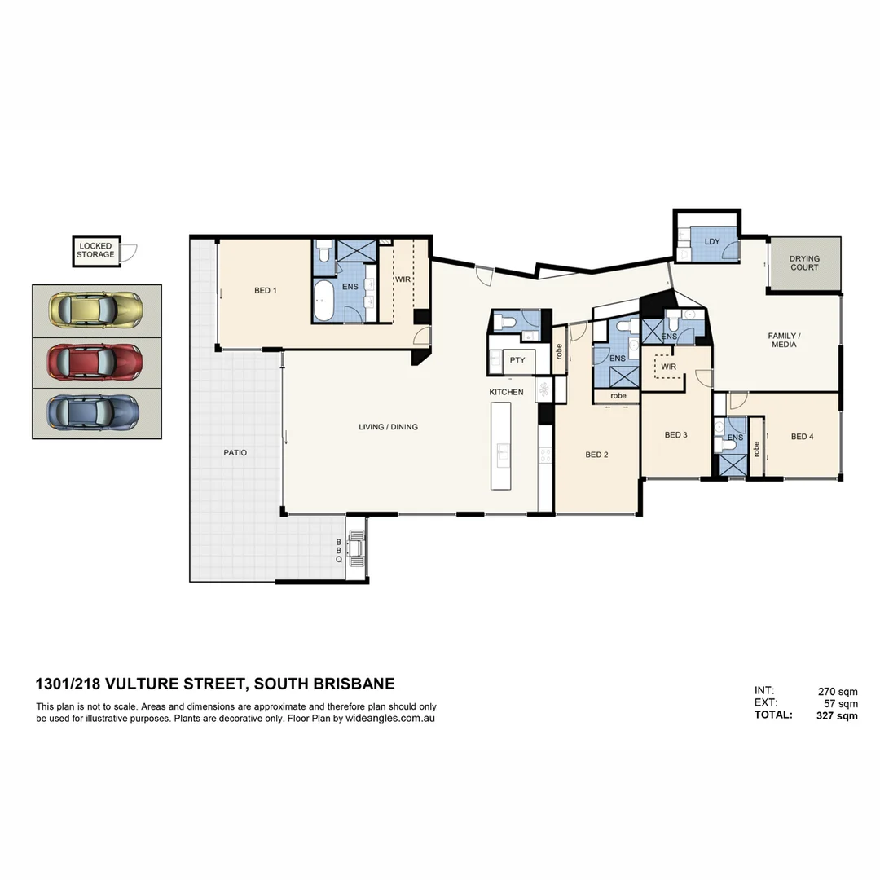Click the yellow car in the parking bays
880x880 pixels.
[96, 310]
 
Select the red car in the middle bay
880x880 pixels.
[96, 360]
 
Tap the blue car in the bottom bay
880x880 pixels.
[96, 411]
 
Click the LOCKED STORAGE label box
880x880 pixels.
[96, 250]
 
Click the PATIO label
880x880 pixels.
[235, 452]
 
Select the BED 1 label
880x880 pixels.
[266, 290]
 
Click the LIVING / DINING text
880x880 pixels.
[388, 427]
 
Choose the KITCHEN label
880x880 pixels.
[506, 393]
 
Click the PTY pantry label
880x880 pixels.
[517, 360]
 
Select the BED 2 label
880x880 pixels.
[596, 455]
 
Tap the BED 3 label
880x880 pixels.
[675, 435]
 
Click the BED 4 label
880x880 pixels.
[802, 437]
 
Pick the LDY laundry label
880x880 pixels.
[711, 241]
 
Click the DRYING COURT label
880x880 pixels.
[804, 263]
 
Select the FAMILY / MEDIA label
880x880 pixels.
[783, 340]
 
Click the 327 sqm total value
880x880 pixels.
[837, 715]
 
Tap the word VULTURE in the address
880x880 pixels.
[143, 684]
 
